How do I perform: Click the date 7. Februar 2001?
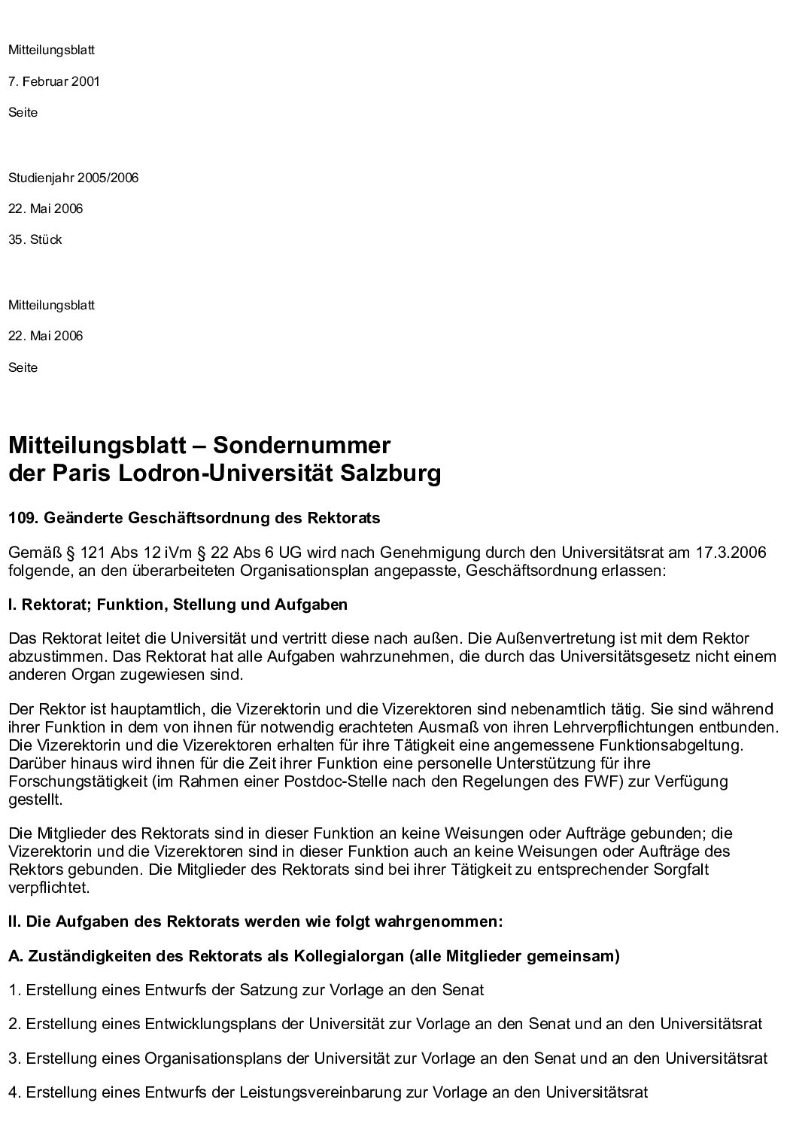click(x=54, y=81)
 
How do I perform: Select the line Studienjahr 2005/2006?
click(x=73, y=178)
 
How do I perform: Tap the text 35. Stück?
click(x=35, y=239)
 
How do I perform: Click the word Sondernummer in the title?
click(x=302, y=445)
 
